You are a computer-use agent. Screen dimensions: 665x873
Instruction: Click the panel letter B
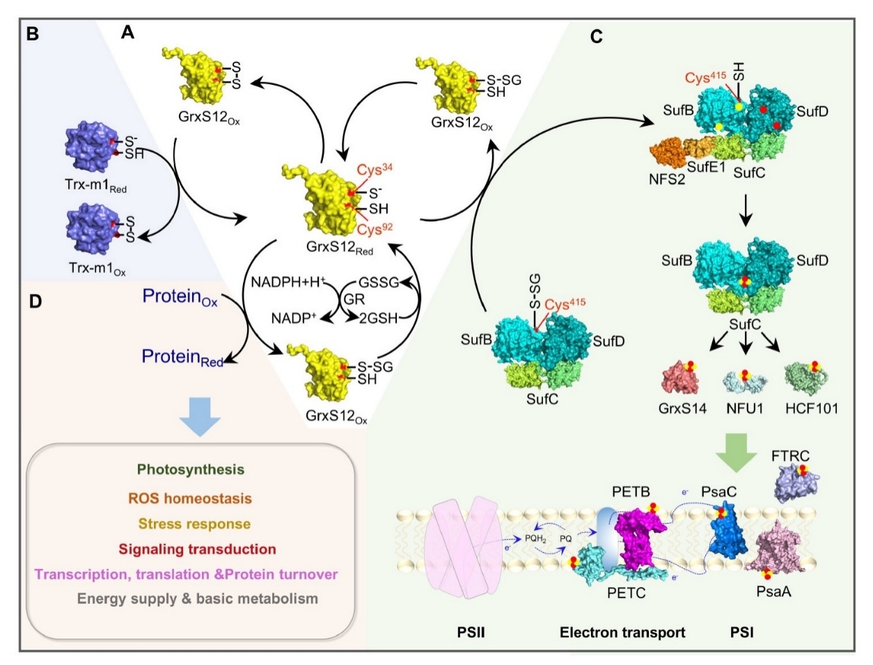[x=32, y=34]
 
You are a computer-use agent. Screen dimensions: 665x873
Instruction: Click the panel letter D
[x=36, y=302]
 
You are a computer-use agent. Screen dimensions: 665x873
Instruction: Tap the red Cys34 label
[x=375, y=170]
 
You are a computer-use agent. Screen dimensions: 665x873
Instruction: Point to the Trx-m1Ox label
[x=97, y=269]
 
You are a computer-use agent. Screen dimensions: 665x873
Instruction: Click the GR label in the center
[x=354, y=299]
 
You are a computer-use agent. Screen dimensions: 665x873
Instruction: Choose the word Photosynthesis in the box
[x=190, y=470]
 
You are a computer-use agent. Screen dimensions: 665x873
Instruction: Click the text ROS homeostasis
[x=190, y=498]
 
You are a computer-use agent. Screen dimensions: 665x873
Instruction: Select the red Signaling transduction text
[x=197, y=549]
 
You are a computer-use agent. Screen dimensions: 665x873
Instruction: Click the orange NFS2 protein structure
[x=668, y=152]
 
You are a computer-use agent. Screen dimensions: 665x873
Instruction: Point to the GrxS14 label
[x=682, y=409]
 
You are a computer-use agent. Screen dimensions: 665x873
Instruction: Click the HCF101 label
[x=811, y=409]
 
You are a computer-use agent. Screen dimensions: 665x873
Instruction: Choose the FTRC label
[x=790, y=457]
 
